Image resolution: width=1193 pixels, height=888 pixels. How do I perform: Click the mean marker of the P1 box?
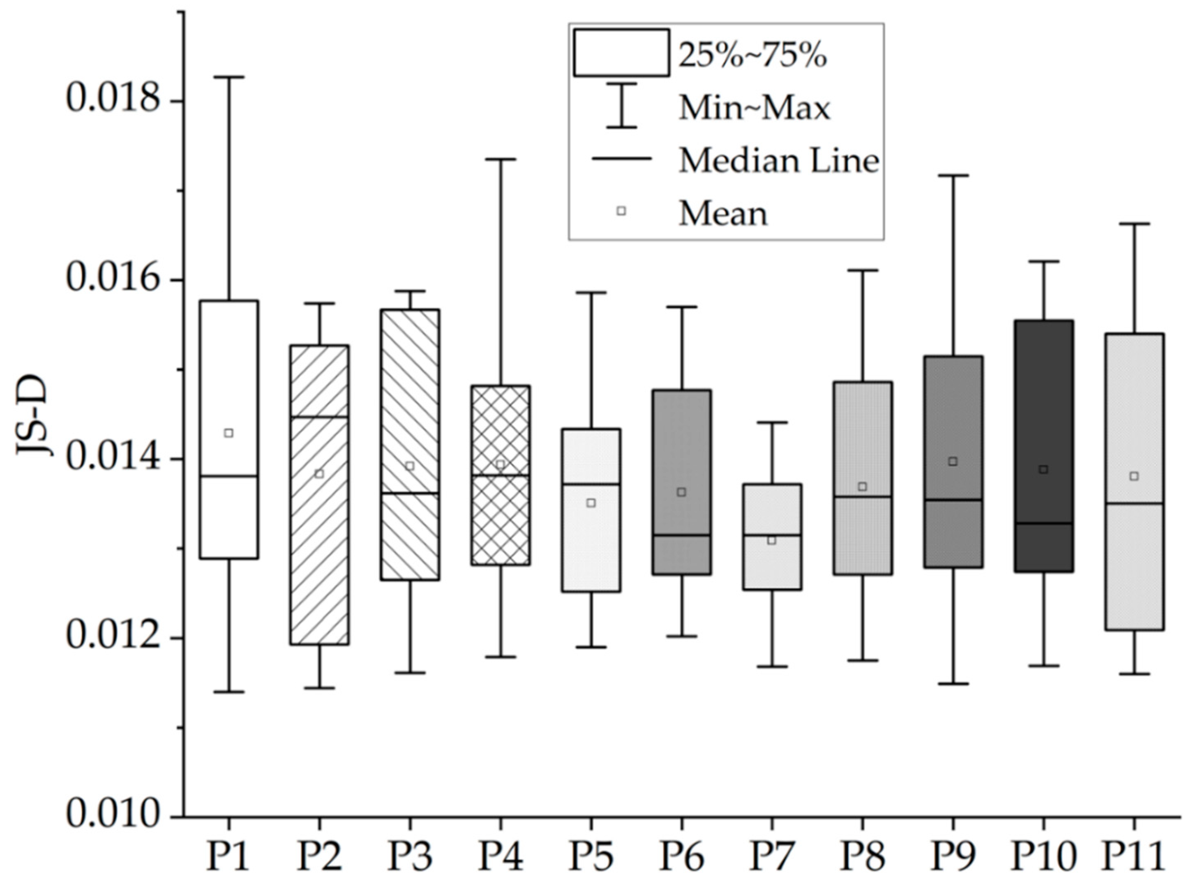coord(228,433)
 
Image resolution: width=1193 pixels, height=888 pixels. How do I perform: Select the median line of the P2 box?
coord(319,417)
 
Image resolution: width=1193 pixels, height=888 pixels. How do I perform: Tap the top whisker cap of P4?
coord(501,159)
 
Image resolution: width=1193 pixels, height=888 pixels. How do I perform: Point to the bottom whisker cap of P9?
coord(953,684)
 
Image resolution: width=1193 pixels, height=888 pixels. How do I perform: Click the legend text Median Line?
coord(778,160)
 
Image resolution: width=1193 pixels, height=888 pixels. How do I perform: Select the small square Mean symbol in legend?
coord(621,211)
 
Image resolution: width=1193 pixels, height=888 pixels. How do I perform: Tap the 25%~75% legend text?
coord(752,55)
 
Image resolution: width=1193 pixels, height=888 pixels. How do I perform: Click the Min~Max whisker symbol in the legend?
coord(621,105)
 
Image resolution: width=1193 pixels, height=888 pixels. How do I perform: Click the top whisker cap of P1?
coord(228,77)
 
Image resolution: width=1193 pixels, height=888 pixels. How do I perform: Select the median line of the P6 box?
coord(682,535)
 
